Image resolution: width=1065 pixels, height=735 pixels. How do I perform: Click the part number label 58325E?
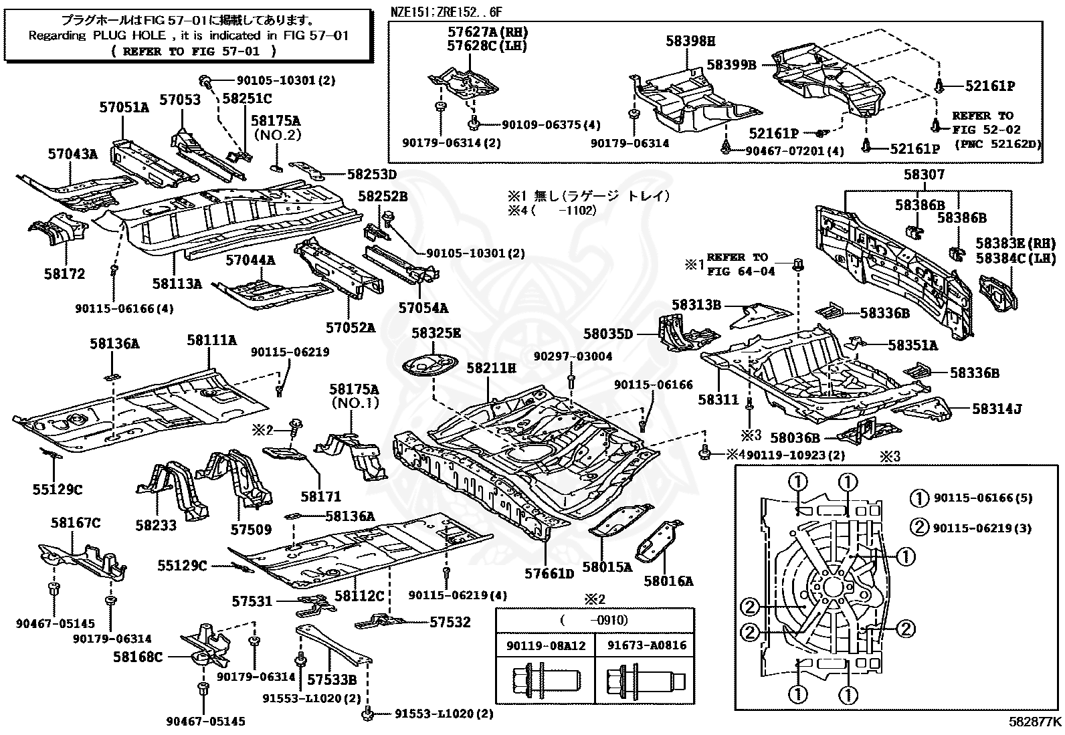point(436,332)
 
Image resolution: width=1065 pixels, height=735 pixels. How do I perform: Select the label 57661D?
point(549,573)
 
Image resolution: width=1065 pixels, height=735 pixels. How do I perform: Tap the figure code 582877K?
point(1035,722)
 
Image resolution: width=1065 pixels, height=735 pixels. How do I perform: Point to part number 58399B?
point(731,65)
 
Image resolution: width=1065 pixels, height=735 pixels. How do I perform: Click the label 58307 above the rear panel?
point(924,175)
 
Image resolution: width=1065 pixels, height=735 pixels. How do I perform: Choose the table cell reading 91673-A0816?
point(648,645)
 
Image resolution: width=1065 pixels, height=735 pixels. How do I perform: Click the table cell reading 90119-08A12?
point(547,645)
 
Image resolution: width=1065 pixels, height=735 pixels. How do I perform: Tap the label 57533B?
point(332,680)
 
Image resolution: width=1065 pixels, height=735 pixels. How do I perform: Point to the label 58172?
point(66,274)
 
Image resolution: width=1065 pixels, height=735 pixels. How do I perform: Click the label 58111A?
point(211,340)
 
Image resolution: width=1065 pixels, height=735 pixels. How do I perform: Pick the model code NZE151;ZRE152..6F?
point(446,12)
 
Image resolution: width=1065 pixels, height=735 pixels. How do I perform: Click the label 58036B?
point(795,437)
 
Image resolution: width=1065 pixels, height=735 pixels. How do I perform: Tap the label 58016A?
point(668,581)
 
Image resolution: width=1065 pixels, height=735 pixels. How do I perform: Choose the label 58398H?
point(690,41)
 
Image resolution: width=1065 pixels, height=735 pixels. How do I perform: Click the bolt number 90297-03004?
point(573,356)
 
